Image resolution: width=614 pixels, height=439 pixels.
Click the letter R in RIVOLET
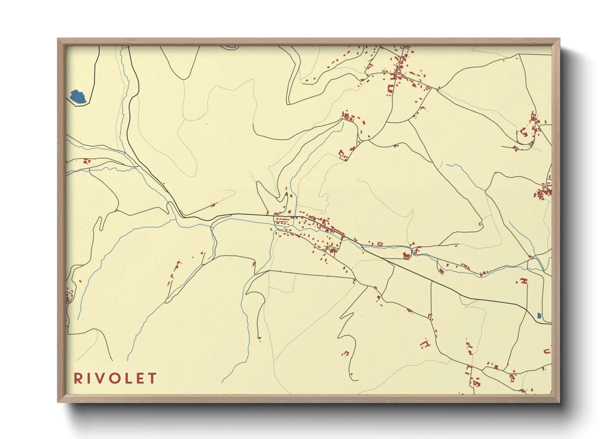coord(78,378)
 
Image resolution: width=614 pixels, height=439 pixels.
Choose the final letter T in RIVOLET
coord(152,378)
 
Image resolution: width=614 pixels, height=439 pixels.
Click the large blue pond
coord(78,97)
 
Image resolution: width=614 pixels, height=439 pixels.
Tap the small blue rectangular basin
coord(539,316)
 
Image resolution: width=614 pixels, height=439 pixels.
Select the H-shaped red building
coord(524,281)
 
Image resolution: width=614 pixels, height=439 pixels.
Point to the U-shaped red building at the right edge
coord(547,351)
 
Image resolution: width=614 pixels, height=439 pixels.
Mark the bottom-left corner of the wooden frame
coord(58,402)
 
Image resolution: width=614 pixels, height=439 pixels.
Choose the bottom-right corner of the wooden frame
coord(559,402)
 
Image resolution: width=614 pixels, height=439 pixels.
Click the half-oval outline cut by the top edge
coord(230,47)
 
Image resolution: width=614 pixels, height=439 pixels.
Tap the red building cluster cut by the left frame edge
coord(68,296)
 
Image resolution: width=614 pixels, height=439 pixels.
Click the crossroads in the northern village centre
coord(399,75)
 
